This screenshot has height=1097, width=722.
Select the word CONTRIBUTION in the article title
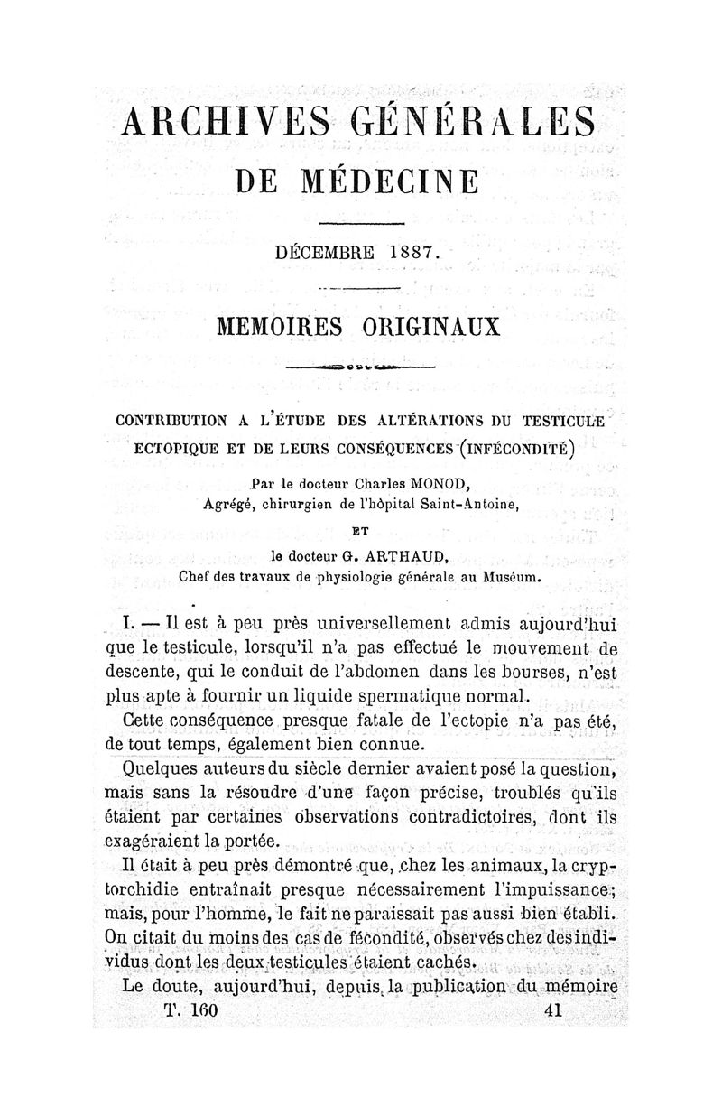tap(172, 420)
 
